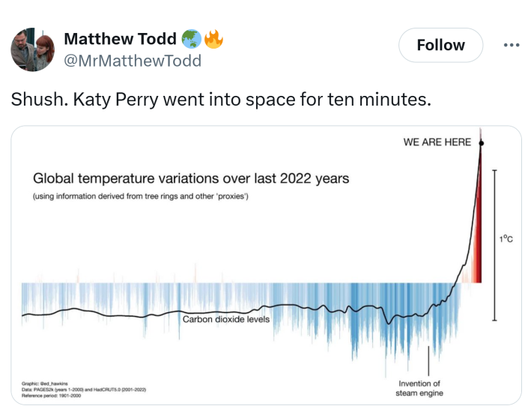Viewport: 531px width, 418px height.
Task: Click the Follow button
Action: click(440, 46)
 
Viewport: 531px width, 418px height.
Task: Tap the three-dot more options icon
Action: click(511, 46)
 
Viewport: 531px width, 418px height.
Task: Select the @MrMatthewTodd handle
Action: click(133, 61)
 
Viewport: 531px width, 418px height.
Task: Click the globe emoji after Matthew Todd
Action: click(191, 39)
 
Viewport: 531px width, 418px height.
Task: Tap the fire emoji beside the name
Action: click(213, 39)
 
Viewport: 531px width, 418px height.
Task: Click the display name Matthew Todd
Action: click(121, 39)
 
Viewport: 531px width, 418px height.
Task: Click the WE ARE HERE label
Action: click(437, 142)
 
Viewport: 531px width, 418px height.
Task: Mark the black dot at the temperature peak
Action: click(480, 142)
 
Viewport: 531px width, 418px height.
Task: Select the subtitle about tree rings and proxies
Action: click(140, 196)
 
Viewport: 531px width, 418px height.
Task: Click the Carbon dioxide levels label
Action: click(226, 319)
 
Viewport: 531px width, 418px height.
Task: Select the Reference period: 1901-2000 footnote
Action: click(51, 396)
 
